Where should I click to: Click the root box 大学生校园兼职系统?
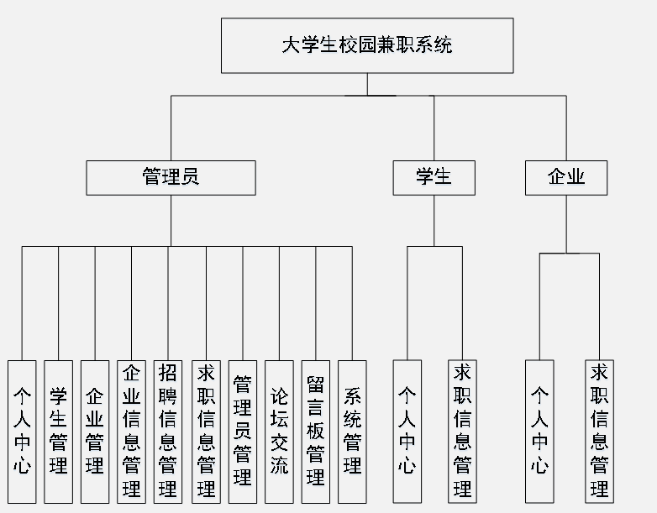pyautogui.click(x=367, y=45)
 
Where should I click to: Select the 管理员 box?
pyautogui.click(x=171, y=178)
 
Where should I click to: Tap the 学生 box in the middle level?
pyautogui.click(x=434, y=178)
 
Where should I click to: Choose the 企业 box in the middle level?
pyautogui.click(x=565, y=178)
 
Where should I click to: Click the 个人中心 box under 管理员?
pyautogui.click(x=22, y=432)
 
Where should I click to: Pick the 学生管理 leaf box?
pyautogui.click(x=58, y=432)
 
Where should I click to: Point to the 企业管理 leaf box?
pyautogui.click(x=95, y=432)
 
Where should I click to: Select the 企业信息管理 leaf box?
pyautogui.click(x=131, y=432)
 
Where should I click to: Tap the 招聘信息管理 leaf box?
pyautogui.click(x=168, y=432)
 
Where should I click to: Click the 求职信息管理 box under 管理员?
pyautogui.click(x=205, y=432)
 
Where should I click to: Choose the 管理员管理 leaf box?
pyautogui.click(x=242, y=432)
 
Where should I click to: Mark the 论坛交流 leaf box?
pyautogui.click(x=279, y=432)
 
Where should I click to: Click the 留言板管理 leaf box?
pyautogui.click(x=316, y=432)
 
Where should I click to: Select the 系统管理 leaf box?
pyautogui.click(x=352, y=432)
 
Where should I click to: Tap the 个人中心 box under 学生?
pyautogui.click(x=407, y=432)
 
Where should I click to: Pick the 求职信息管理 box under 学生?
pyautogui.click(x=462, y=432)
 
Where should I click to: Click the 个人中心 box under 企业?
pyautogui.click(x=539, y=432)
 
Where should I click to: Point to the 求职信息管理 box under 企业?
pyautogui.click(x=599, y=432)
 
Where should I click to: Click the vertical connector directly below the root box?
pyautogui.click(x=367, y=84)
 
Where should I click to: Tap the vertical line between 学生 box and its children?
pyautogui.click(x=434, y=220)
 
